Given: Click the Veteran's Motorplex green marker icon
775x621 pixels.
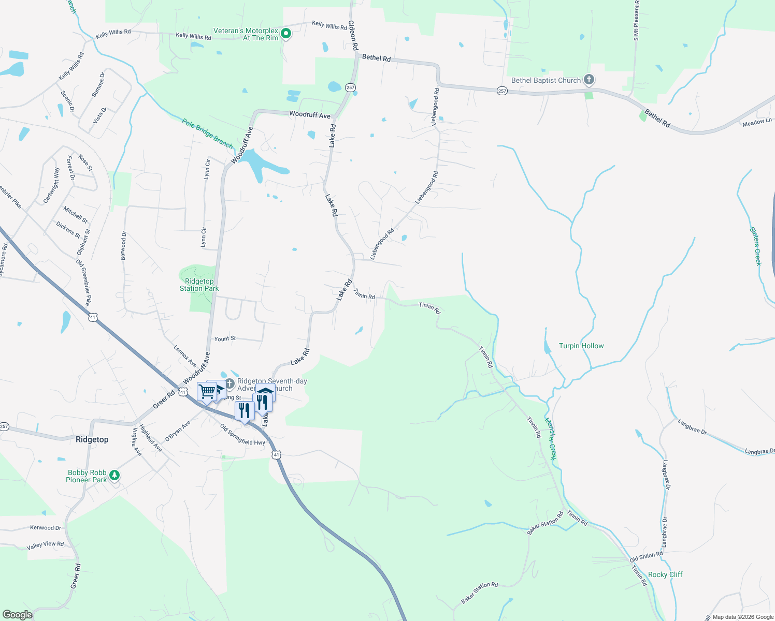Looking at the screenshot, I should [x=285, y=34].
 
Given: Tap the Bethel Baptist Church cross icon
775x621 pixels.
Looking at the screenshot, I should [x=589, y=80].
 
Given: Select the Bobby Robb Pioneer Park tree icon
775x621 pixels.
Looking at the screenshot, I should [x=114, y=475].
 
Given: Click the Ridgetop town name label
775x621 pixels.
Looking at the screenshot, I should [x=92, y=439].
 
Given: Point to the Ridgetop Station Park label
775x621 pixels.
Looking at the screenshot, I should [x=199, y=285].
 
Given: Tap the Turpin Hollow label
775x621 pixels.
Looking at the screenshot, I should [x=581, y=346].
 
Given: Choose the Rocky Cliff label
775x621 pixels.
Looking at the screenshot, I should [x=665, y=574].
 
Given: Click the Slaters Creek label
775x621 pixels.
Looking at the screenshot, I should [x=756, y=246].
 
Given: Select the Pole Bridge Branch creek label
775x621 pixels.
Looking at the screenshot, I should [x=207, y=133].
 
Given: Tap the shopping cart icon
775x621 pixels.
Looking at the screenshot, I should [x=207, y=391].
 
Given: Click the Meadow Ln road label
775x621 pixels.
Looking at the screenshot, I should [x=757, y=123].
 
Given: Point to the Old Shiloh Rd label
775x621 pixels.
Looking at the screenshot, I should [x=646, y=557].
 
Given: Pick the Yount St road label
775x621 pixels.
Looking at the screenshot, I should [x=225, y=338].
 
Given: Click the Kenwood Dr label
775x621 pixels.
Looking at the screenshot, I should [x=46, y=528].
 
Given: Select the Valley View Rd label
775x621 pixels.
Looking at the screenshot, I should [x=45, y=545].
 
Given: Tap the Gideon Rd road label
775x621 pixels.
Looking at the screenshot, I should [x=353, y=35].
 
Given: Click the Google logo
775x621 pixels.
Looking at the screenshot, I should [x=17, y=615].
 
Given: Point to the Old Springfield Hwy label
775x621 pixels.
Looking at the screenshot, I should [x=242, y=435].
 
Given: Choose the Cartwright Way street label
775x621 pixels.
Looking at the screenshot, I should [x=50, y=185].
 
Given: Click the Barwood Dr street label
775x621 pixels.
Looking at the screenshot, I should [x=123, y=246].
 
